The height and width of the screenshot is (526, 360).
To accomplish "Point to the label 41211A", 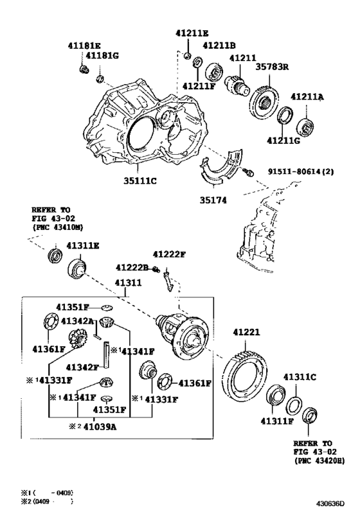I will click(307, 97).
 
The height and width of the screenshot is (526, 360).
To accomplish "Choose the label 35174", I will click(212, 199).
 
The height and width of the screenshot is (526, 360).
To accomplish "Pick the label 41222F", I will click(168, 254).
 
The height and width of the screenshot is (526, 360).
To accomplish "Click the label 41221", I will click(246, 333).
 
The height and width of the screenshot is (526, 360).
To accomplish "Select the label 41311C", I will click(300, 377).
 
